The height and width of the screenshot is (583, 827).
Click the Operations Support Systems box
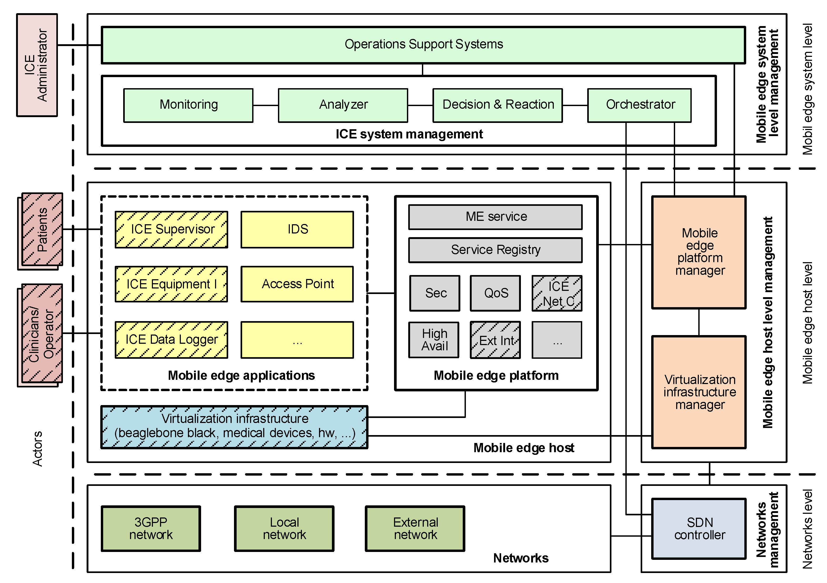[423, 45]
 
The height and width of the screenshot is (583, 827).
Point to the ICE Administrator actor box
[37, 65]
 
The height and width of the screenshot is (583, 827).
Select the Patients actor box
[42, 229]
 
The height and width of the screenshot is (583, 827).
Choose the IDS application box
[297, 229]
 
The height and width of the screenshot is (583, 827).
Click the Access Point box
[297, 284]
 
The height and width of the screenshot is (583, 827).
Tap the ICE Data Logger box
[171, 340]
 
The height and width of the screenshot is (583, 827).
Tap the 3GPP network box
[151, 528]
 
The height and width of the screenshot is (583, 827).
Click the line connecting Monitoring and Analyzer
[266, 106]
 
